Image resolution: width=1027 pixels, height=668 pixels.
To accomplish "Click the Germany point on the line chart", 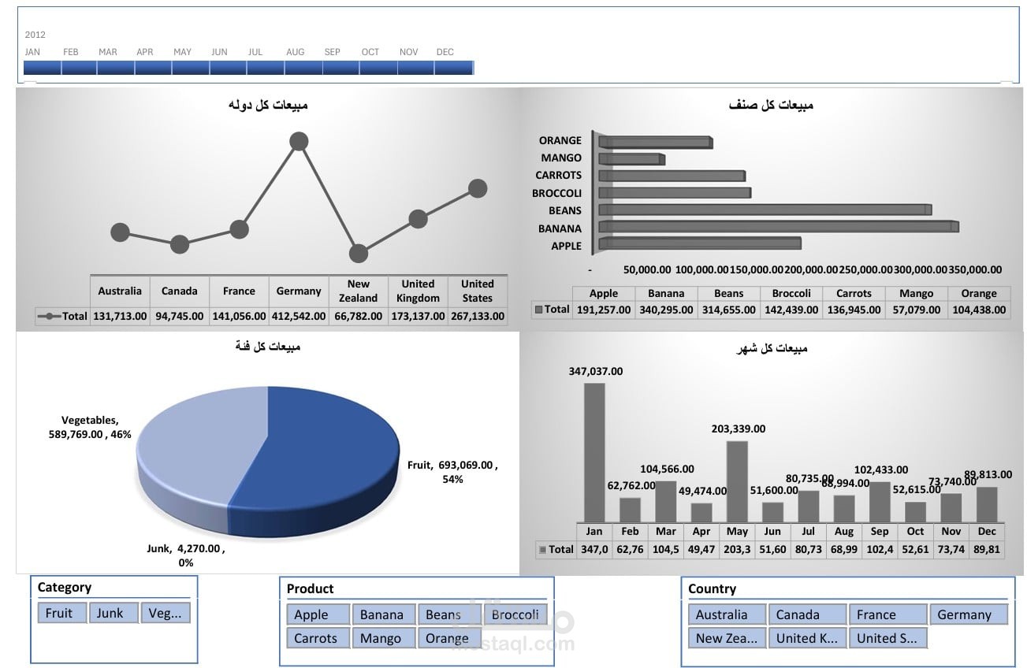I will pyautogui.click(x=299, y=142).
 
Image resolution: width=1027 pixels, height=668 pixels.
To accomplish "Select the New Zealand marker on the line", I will pyautogui.click(x=359, y=254).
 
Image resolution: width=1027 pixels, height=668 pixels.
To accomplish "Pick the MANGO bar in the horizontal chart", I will pyautogui.click(x=631, y=159).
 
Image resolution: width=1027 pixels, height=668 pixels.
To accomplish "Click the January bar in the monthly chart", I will pyautogui.click(x=594, y=452).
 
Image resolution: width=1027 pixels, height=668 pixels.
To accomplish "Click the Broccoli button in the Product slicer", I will pyautogui.click(x=515, y=614).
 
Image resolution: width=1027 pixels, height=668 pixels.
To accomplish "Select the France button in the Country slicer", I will pyautogui.click(x=887, y=614).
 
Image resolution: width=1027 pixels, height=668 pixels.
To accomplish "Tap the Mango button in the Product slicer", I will pyautogui.click(x=381, y=638).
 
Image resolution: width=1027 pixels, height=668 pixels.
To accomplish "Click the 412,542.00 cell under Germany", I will pyautogui.click(x=299, y=316).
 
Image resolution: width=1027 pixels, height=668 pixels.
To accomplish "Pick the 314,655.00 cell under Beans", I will pyautogui.click(x=729, y=310).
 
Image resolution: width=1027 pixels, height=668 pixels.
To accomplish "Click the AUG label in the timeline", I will pyautogui.click(x=296, y=52).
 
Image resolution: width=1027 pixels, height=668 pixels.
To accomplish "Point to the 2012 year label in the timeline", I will pyautogui.click(x=35, y=35).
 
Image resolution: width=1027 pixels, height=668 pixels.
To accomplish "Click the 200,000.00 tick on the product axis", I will pyautogui.click(x=811, y=269).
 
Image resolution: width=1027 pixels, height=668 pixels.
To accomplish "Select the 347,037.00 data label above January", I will pyautogui.click(x=596, y=371).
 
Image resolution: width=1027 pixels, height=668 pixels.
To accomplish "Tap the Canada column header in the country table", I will pyautogui.click(x=180, y=291).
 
